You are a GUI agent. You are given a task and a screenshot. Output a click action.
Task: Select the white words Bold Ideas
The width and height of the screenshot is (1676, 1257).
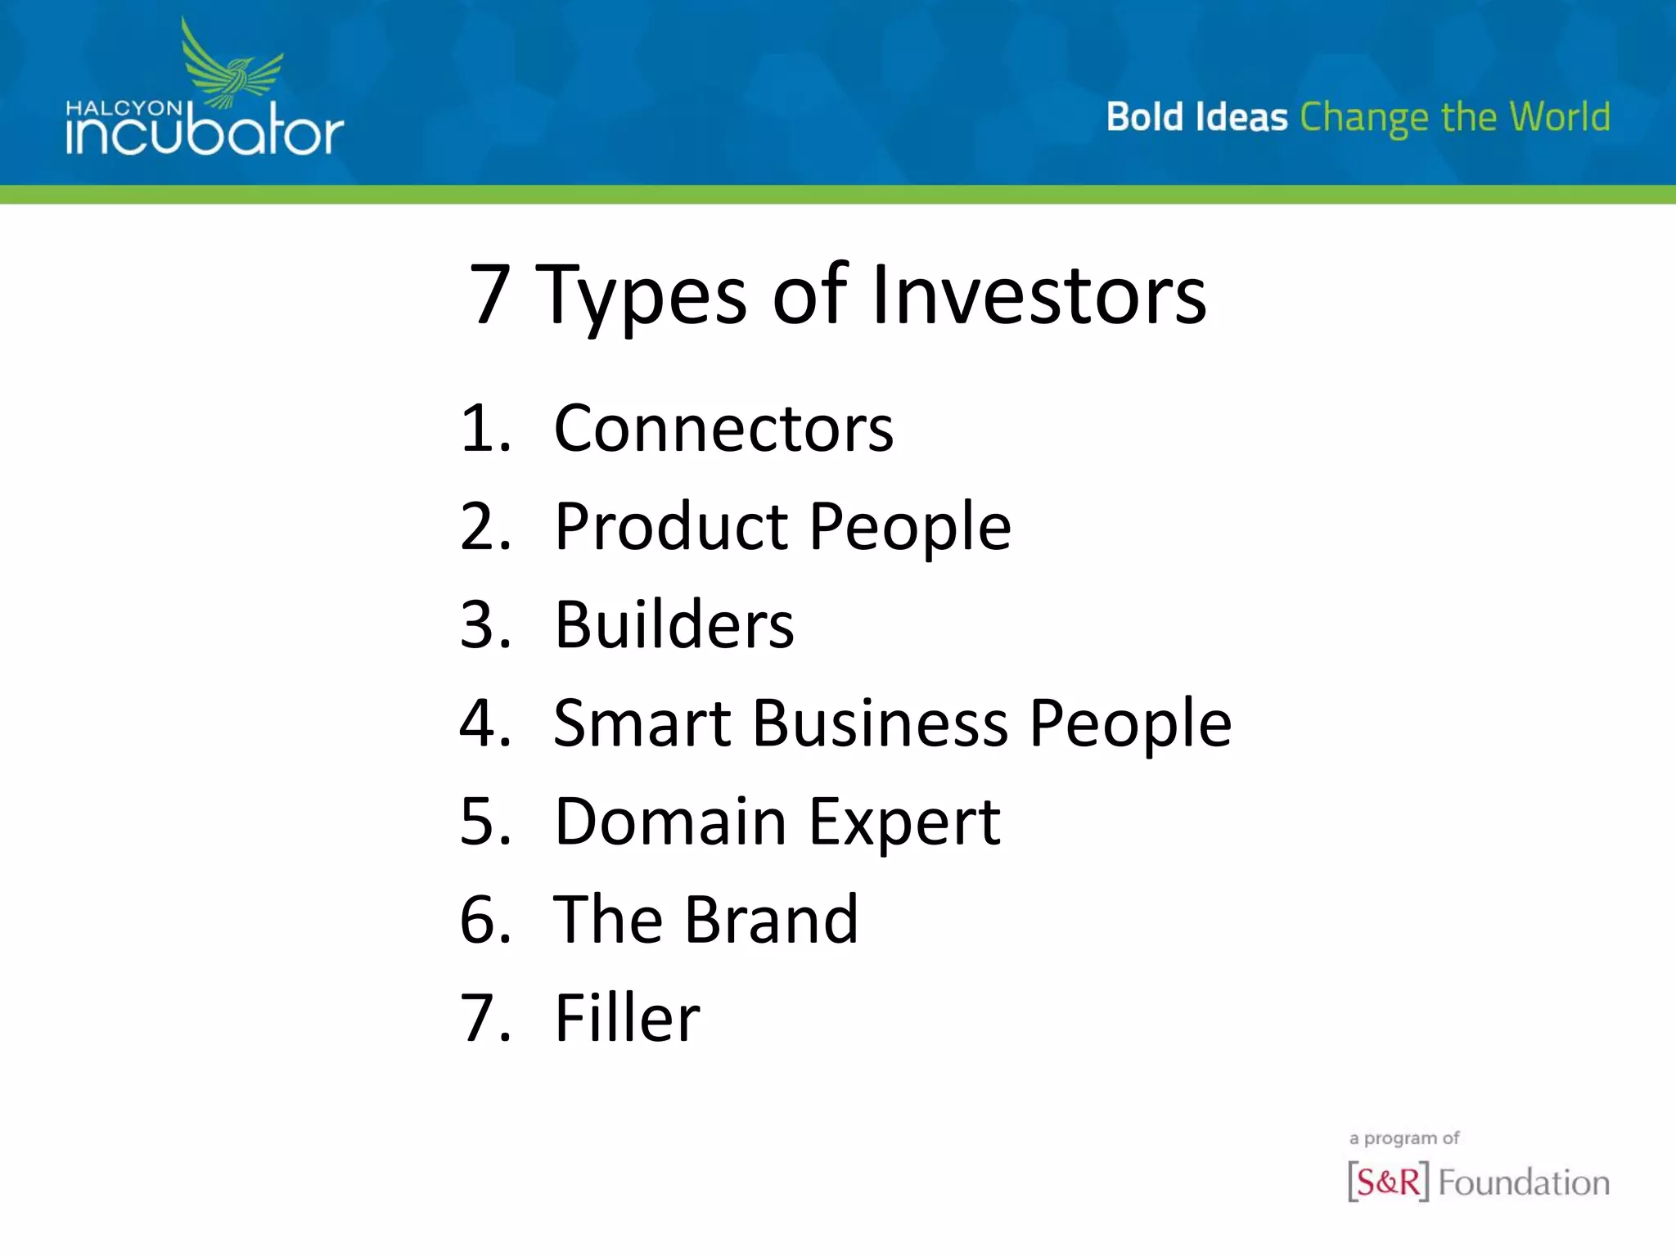pos(1196,116)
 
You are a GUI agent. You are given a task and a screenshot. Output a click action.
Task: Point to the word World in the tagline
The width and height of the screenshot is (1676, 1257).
pos(1560,116)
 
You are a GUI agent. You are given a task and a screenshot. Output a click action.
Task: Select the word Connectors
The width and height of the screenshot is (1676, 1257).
pos(723,429)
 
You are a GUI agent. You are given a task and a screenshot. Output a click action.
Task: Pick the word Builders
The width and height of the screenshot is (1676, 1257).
pos(674,625)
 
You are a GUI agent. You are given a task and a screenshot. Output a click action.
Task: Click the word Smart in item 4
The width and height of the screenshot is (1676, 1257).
pos(642,723)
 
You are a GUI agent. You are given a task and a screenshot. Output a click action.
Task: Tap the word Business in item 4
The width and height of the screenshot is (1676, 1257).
pos(880,723)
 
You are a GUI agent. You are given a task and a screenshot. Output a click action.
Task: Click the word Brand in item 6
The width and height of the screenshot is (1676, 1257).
pos(771,920)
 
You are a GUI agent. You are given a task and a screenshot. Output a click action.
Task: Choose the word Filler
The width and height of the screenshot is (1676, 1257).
pos(627,1018)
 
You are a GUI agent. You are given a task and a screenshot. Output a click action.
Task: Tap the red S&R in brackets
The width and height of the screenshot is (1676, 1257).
pos(1388,1182)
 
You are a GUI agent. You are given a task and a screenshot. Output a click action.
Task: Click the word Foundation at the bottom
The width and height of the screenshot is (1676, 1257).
pos(1524,1183)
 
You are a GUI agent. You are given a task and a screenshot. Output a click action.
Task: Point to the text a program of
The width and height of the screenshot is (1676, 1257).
pos(1403,1138)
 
